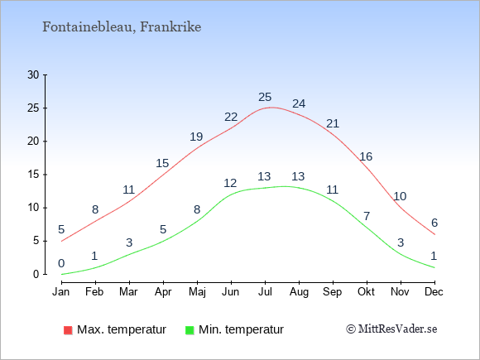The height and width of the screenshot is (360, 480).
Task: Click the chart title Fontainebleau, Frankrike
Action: point(122,27)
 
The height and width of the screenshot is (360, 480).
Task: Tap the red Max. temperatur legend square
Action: point(68,330)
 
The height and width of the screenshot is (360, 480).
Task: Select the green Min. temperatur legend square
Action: point(190,330)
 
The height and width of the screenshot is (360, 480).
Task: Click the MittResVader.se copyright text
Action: point(391,329)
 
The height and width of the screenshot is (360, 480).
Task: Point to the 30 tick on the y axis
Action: point(33,74)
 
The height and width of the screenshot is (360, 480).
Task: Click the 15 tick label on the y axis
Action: point(33,175)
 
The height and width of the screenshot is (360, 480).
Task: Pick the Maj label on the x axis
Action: point(197,292)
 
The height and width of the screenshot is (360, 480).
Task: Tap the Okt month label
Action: point(367,292)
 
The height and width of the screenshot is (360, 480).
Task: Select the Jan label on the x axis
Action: point(61,292)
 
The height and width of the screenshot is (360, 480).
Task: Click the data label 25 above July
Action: point(265,97)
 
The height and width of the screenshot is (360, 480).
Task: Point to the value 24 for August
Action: point(299,103)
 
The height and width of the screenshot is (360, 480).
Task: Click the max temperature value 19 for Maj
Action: point(196,137)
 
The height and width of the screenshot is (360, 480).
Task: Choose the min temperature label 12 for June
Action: point(230,183)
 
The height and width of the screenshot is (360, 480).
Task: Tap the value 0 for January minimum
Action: point(61,263)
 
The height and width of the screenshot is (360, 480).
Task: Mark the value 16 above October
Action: point(366,156)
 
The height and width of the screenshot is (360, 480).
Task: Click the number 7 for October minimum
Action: point(367,216)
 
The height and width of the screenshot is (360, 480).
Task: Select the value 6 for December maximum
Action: point(434,223)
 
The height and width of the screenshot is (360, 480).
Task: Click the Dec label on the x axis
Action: point(434,292)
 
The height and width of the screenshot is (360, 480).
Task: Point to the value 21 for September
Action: point(333,123)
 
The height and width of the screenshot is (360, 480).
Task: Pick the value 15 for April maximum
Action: point(162,163)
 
